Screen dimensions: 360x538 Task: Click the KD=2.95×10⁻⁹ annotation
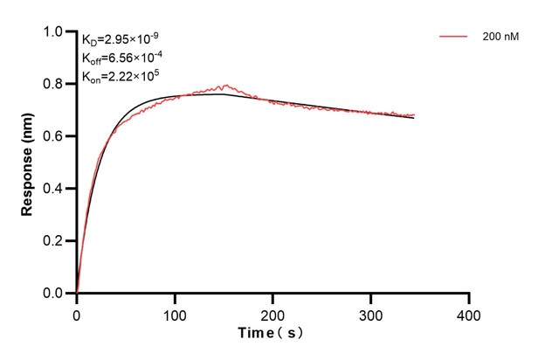click(121, 39)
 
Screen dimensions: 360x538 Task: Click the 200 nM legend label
click(500, 38)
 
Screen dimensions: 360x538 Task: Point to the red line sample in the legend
click(453, 38)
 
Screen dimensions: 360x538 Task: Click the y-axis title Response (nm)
click(29, 163)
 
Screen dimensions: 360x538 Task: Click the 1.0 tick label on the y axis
click(53, 32)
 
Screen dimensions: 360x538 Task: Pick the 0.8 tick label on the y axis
click(53, 85)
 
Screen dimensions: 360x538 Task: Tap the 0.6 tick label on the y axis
click(53, 136)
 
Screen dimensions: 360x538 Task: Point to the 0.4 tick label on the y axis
click(53, 189)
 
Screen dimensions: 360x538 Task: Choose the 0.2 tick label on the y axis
click(53, 241)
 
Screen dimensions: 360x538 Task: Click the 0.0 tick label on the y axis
click(53, 294)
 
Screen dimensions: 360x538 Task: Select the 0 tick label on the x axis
click(77, 313)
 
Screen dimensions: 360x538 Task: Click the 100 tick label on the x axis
click(175, 313)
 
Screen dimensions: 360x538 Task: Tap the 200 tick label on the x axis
click(273, 313)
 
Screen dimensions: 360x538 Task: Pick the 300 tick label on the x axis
click(371, 313)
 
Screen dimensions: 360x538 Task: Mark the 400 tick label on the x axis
click(469, 313)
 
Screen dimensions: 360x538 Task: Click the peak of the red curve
click(226, 85)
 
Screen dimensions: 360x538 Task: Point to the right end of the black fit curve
click(414, 117)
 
